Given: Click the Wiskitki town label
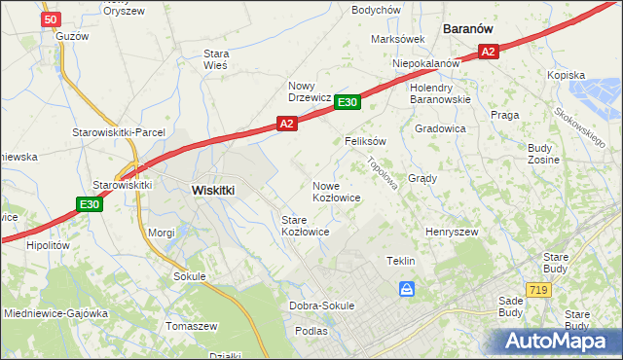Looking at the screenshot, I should (x=213, y=191).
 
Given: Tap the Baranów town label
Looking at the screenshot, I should (x=471, y=29).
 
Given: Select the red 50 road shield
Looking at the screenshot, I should (x=52, y=18).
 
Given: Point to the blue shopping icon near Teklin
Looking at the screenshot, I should (x=407, y=289).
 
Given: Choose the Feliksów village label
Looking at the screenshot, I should (x=366, y=141).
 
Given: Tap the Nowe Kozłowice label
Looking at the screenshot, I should (x=337, y=192).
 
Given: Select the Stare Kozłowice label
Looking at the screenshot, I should (x=305, y=227).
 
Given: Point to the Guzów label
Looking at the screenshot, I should (x=73, y=36).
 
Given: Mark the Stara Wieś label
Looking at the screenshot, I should (x=216, y=59).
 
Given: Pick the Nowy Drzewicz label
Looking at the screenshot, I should (x=310, y=90).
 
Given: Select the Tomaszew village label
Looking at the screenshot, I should (x=193, y=325).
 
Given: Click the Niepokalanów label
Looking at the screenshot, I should (x=425, y=63).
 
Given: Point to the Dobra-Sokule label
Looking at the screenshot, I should (x=322, y=306).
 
